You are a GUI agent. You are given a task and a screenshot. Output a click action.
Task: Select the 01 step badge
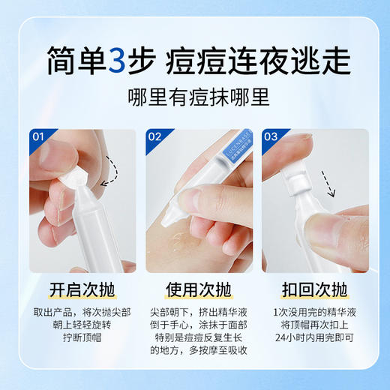[x=39, y=137]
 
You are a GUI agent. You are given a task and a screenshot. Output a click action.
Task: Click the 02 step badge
[x=155, y=137]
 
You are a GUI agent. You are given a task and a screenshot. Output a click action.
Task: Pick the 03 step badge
[x=271, y=137]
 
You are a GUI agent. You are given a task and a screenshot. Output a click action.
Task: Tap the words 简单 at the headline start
[x=73, y=61]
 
